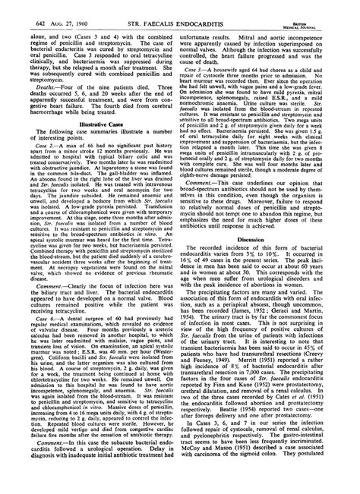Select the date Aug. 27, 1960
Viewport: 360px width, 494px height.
coord(55,8)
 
